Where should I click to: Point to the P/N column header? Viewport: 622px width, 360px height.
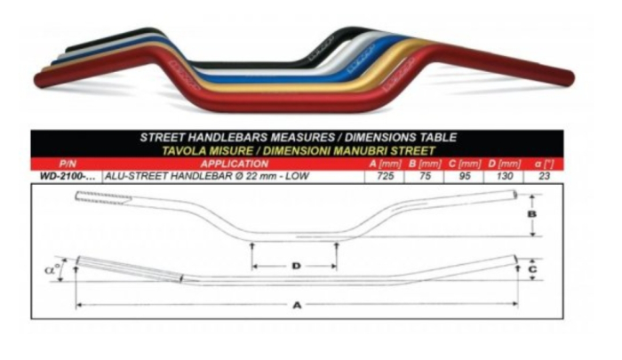coord(66,164)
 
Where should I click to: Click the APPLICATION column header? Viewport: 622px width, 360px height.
coord(235,164)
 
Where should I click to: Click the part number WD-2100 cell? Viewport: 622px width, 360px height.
coord(66,176)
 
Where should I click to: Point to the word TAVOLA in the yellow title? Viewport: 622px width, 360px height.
coord(182,150)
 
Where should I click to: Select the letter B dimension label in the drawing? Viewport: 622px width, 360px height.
coord(531,215)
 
